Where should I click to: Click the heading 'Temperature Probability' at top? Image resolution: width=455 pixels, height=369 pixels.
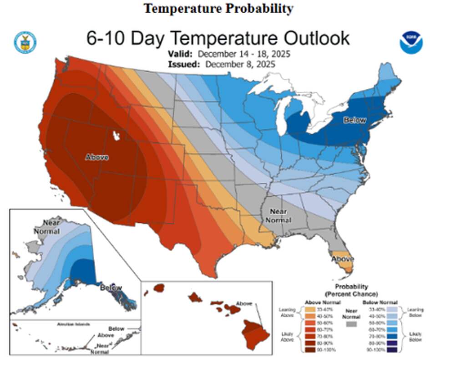[x=218, y=8]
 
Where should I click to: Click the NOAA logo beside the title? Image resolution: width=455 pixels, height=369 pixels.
[x=411, y=43]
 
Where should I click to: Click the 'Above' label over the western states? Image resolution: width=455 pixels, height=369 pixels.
[x=97, y=157]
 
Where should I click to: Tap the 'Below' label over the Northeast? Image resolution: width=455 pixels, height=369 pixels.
[x=355, y=120]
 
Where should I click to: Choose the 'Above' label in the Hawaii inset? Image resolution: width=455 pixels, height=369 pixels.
[x=244, y=304]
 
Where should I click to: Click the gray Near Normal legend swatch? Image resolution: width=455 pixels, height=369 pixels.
[x=350, y=325]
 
